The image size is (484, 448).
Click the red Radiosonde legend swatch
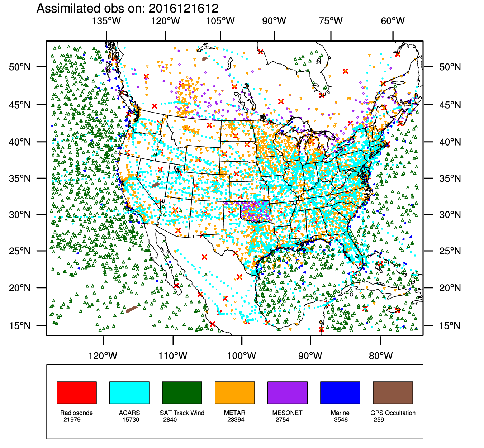(x=76, y=392)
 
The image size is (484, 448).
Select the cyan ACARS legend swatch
(x=129, y=392)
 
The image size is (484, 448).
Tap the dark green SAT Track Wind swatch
(x=182, y=392)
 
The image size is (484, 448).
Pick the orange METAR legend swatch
(x=234, y=392)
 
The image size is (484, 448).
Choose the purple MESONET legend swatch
(x=287, y=392)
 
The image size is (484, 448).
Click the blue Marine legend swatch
(x=340, y=392)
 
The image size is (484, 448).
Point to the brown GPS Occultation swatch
(x=393, y=392)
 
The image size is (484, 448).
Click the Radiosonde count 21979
(x=72, y=420)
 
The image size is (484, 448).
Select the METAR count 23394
(x=236, y=420)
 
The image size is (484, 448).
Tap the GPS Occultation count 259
(x=379, y=420)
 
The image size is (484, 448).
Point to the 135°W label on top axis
(x=106, y=21)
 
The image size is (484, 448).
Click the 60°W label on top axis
(x=393, y=21)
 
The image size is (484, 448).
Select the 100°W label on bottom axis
(x=242, y=356)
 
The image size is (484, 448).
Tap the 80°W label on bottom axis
(x=381, y=356)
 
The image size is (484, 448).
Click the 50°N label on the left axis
(x=20, y=67)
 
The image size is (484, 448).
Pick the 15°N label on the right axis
(x=450, y=326)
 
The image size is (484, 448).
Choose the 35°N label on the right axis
(x=450, y=178)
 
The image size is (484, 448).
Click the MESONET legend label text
(x=287, y=413)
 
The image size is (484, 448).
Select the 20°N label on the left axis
(x=20, y=288)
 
